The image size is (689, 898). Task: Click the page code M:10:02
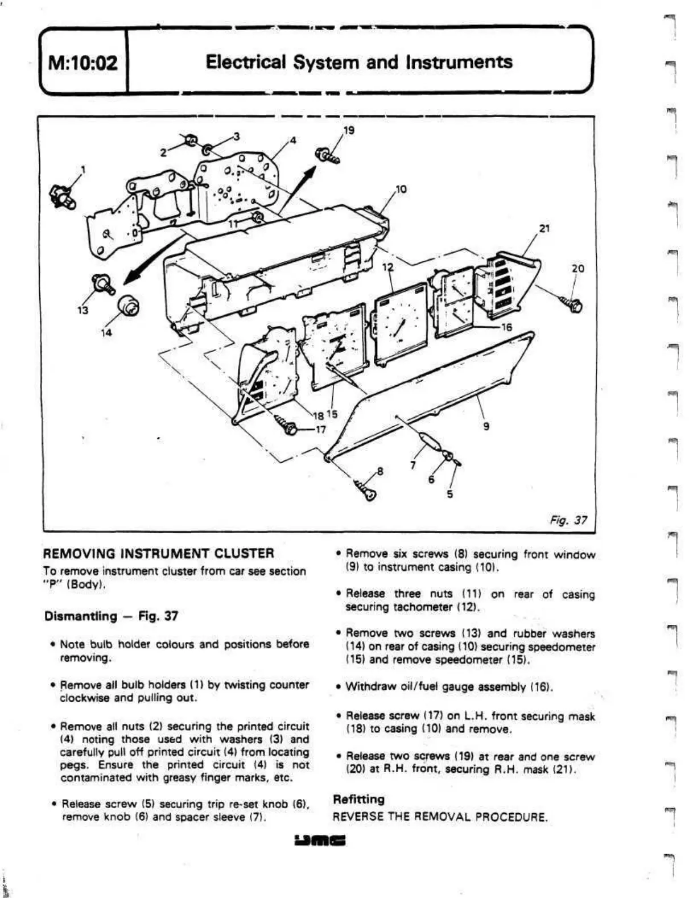coord(83,62)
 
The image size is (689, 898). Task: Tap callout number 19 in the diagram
coord(349,130)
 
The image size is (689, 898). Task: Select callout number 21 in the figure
coord(544,228)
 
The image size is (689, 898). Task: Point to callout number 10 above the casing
coord(401,189)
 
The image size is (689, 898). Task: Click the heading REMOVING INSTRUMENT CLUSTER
coord(159,553)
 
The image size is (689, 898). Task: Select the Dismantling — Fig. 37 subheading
coord(111,616)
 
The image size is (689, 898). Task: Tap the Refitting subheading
coord(358,799)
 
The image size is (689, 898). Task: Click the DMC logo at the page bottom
coord(320,841)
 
